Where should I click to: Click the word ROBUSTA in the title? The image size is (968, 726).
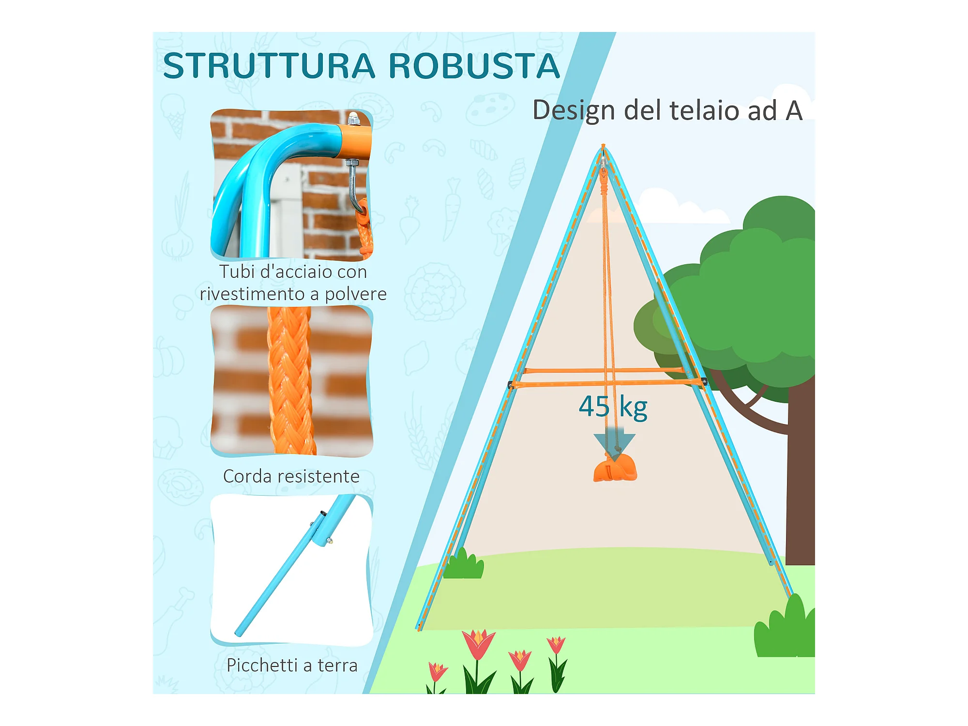[x=474, y=66]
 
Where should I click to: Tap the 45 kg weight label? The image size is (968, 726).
[x=613, y=407]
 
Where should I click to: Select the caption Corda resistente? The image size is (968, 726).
[x=291, y=476]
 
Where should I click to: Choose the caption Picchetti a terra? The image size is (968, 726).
[x=292, y=665]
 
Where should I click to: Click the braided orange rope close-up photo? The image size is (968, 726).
[x=291, y=381]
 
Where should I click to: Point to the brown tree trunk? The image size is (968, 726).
[x=800, y=479]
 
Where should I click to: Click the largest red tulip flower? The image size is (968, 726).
[x=478, y=644]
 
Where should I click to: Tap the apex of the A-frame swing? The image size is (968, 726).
[x=603, y=148]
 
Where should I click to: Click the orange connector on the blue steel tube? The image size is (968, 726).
[x=354, y=141]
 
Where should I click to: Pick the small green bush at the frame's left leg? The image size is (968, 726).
[x=463, y=565]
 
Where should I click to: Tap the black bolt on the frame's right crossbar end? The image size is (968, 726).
[x=704, y=382]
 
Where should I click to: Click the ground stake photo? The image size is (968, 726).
[x=291, y=570]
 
